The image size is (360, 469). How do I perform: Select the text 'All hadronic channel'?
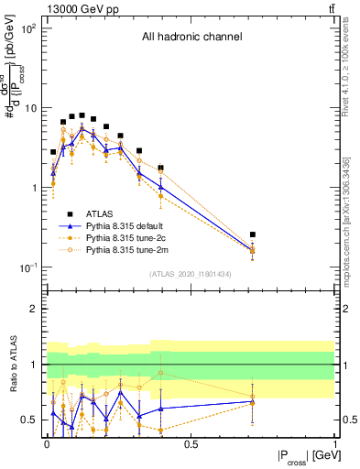[191, 38]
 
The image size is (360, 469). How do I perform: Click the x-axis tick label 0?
[47, 444]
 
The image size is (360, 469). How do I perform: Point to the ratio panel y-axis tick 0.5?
[29, 420]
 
